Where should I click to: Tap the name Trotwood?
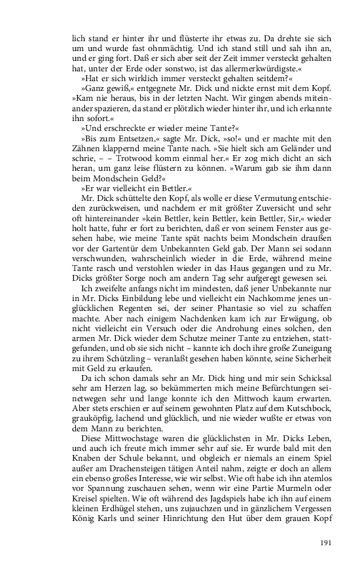129,158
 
